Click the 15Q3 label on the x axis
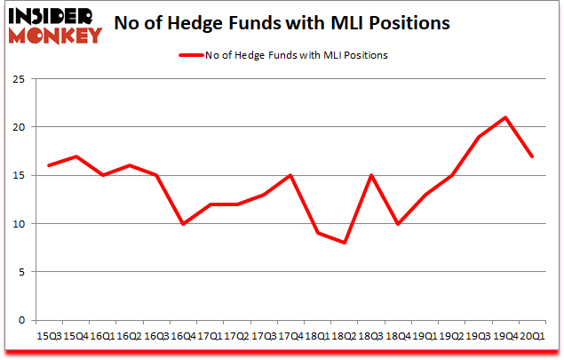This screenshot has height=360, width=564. click(48, 336)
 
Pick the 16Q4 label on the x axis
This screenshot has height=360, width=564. click(183, 336)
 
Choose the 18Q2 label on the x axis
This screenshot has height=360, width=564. click(344, 336)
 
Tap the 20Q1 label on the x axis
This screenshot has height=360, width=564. click(531, 336)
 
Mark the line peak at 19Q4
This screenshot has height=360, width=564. click(505, 117)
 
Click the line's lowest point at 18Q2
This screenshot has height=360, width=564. click(344, 243)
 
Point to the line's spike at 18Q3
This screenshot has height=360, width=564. click(370, 175)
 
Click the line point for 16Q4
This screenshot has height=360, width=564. click(183, 223)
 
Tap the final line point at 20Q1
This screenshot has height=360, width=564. click(531, 156)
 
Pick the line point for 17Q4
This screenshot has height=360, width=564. click(290, 175)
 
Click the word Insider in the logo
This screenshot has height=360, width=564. click(54, 17)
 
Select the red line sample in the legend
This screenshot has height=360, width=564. click(192, 55)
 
